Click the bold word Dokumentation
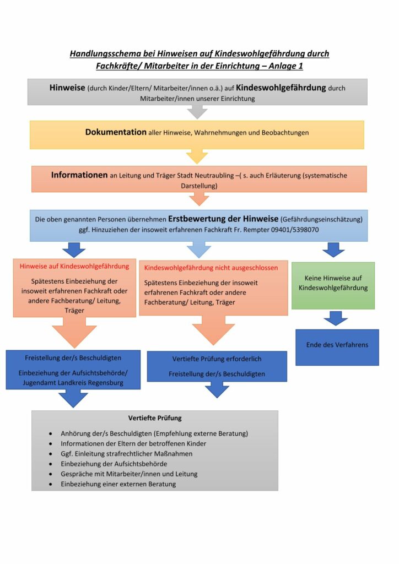coord(116,133)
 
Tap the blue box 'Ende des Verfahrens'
coord(337,345)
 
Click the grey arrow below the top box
coord(197,112)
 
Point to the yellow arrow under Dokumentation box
coord(197,156)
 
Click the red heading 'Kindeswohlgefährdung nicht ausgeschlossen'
coord(211,268)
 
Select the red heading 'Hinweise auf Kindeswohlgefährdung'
coord(74,266)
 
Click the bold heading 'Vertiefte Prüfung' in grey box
coord(155,418)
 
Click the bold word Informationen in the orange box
coord(79,175)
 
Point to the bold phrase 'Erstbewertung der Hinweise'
coord(224,218)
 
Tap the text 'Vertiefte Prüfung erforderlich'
coord(217,359)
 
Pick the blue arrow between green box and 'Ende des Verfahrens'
coord(336,318)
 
